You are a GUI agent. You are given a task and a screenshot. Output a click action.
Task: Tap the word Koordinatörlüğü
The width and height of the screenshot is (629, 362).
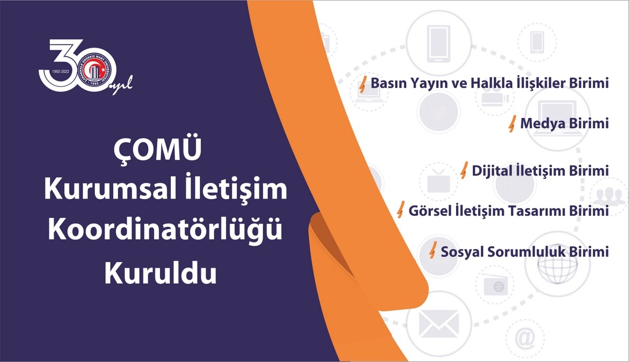click(x=166, y=229)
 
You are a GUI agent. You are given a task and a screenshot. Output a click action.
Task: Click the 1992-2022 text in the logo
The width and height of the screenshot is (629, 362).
click(x=60, y=72)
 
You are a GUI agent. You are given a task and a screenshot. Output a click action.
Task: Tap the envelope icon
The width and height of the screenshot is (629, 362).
click(x=439, y=324)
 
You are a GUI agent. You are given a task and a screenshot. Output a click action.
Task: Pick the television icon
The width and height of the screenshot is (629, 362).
click(x=438, y=181)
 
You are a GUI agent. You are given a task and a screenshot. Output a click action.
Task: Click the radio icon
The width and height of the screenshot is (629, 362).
click(x=496, y=286)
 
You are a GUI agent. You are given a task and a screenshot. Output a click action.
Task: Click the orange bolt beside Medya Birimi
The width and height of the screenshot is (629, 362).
click(x=512, y=124)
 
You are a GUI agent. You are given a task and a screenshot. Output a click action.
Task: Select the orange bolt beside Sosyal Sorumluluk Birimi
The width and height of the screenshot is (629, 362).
click(x=433, y=250)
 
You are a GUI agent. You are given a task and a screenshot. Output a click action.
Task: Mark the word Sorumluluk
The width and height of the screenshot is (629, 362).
click(x=526, y=251)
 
